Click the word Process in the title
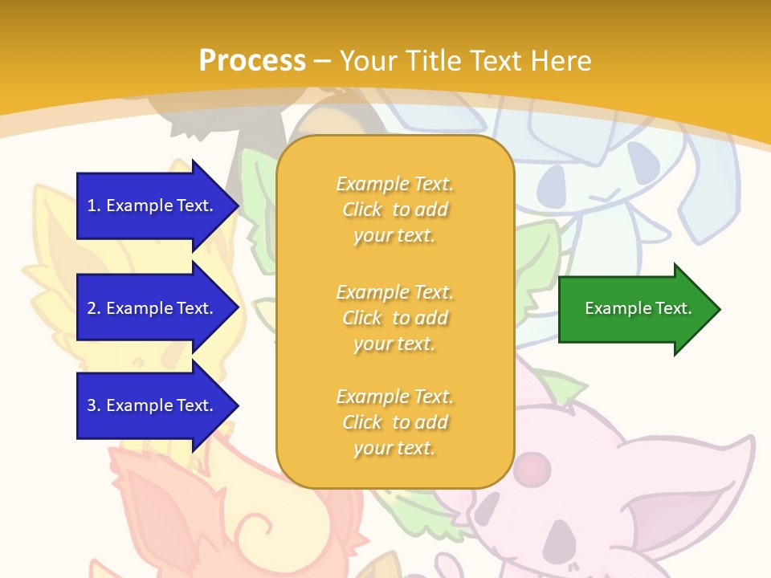252,61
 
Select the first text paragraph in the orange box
394,210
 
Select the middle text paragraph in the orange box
394,318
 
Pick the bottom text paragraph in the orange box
394,422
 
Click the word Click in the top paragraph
362,210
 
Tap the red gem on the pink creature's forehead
529,465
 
